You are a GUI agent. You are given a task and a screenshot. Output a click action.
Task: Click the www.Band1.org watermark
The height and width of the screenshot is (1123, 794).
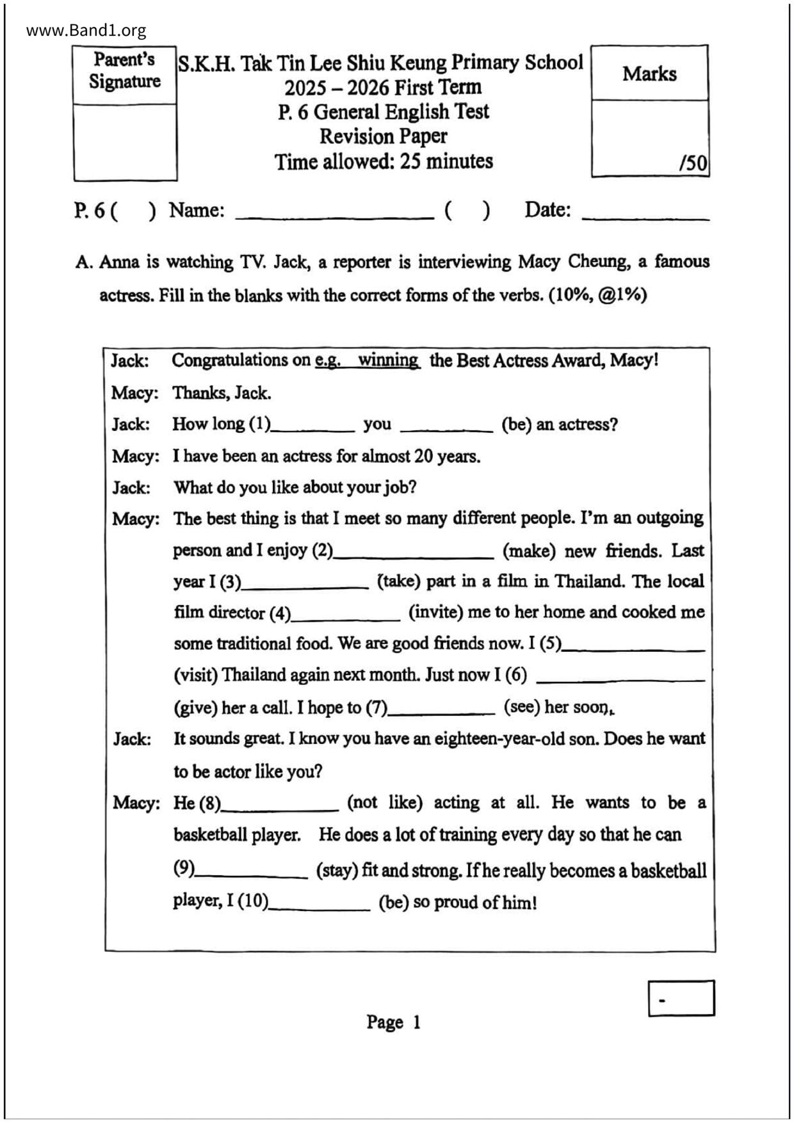click(x=86, y=30)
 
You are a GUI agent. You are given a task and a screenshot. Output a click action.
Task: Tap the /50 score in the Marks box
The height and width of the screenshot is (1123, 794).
click(x=693, y=163)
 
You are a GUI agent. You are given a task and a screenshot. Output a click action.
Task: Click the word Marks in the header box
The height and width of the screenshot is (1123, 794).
click(x=649, y=74)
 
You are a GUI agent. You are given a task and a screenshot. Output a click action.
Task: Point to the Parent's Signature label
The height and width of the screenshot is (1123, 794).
click(x=125, y=70)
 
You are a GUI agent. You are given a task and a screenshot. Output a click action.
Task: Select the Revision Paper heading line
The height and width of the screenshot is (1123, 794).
click(x=383, y=136)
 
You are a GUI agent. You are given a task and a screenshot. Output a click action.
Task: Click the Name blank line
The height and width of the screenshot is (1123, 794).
click(x=334, y=215)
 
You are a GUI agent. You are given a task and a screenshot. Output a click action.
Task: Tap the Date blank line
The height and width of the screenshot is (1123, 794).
click(x=645, y=216)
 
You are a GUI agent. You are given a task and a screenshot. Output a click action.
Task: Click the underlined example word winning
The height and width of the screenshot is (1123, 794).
click(x=388, y=360)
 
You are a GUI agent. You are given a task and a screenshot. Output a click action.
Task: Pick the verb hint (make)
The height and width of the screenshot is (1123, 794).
click(x=529, y=551)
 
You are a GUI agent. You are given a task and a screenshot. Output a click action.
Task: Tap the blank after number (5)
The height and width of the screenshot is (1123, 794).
click(x=633, y=647)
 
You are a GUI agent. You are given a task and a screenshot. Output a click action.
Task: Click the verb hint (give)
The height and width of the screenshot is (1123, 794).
click(x=195, y=708)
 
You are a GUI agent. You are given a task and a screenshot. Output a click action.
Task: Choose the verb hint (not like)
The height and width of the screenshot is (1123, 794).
click(x=384, y=803)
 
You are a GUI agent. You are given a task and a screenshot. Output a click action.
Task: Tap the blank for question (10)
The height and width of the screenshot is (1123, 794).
click(x=320, y=905)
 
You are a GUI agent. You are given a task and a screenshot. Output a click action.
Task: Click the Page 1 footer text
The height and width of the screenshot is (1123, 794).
click(x=393, y=1022)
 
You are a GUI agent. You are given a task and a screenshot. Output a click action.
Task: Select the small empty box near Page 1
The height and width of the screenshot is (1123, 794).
click(x=681, y=998)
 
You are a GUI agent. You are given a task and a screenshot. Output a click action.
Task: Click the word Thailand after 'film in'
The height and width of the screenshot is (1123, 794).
click(x=589, y=581)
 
